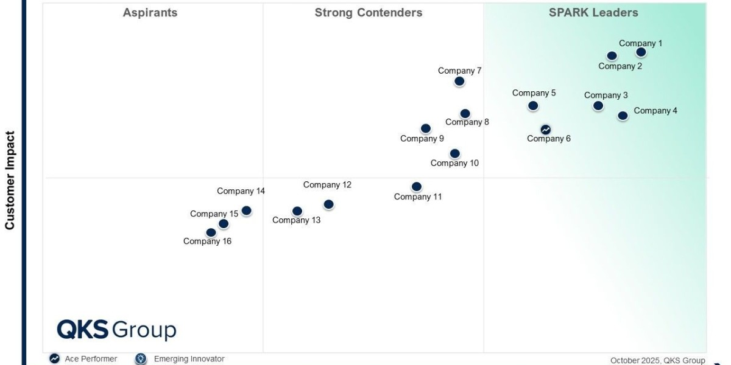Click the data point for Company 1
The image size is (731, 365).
pyautogui.click(x=641, y=52)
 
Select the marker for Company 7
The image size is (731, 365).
pyautogui.click(x=459, y=81)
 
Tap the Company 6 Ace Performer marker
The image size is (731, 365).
pyautogui.click(x=545, y=130)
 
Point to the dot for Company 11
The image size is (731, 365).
pyautogui.click(x=416, y=187)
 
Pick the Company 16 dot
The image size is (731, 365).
pyautogui.click(x=211, y=232)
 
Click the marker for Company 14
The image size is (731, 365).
pyautogui.click(x=246, y=210)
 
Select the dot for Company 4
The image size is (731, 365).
pyautogui.click(x=623, y=116)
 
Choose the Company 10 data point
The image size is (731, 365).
pyautogui.click(x=454, y=153)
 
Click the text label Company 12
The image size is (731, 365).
pyautogui.click(x=327, y=185)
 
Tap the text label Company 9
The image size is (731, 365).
pyautogui.click(x=422, y=139)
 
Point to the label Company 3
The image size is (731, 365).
pyautogui.click(x=606, y=96)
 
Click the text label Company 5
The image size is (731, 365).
pyautogui.click(x=534, y=93)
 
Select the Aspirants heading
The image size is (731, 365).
pyautogui.click(x=150, y=13)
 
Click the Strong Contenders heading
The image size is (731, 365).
pyautogui.click(x=368, y=13)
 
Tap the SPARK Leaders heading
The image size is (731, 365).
pyautogui.click(x=593, y=13)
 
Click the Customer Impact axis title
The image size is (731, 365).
pyautogui.click(x=10, y=180)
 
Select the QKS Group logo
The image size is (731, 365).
pyautogui.click(x=116, y=330)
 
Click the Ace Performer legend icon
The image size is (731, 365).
pyautogui.click(x=55, y=359)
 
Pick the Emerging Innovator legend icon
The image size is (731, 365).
pyautogui.click(x=141, y=359)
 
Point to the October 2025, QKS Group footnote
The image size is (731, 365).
pyautogui.click(x=657, y=360)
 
